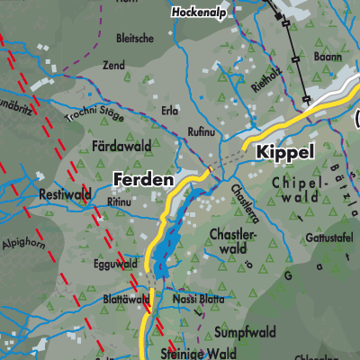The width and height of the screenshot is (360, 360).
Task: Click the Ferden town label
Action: click(x=143, y=180)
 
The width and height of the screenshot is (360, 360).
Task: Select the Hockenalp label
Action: click(x=202, y=13)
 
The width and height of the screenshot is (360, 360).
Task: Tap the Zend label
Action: click(x=139, y=67)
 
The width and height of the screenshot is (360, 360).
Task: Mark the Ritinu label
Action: click(x=119, y=202)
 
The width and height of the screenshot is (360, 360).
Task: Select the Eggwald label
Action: click(x=114, y=265)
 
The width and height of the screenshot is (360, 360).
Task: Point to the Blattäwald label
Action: click(x=126, y=298)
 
